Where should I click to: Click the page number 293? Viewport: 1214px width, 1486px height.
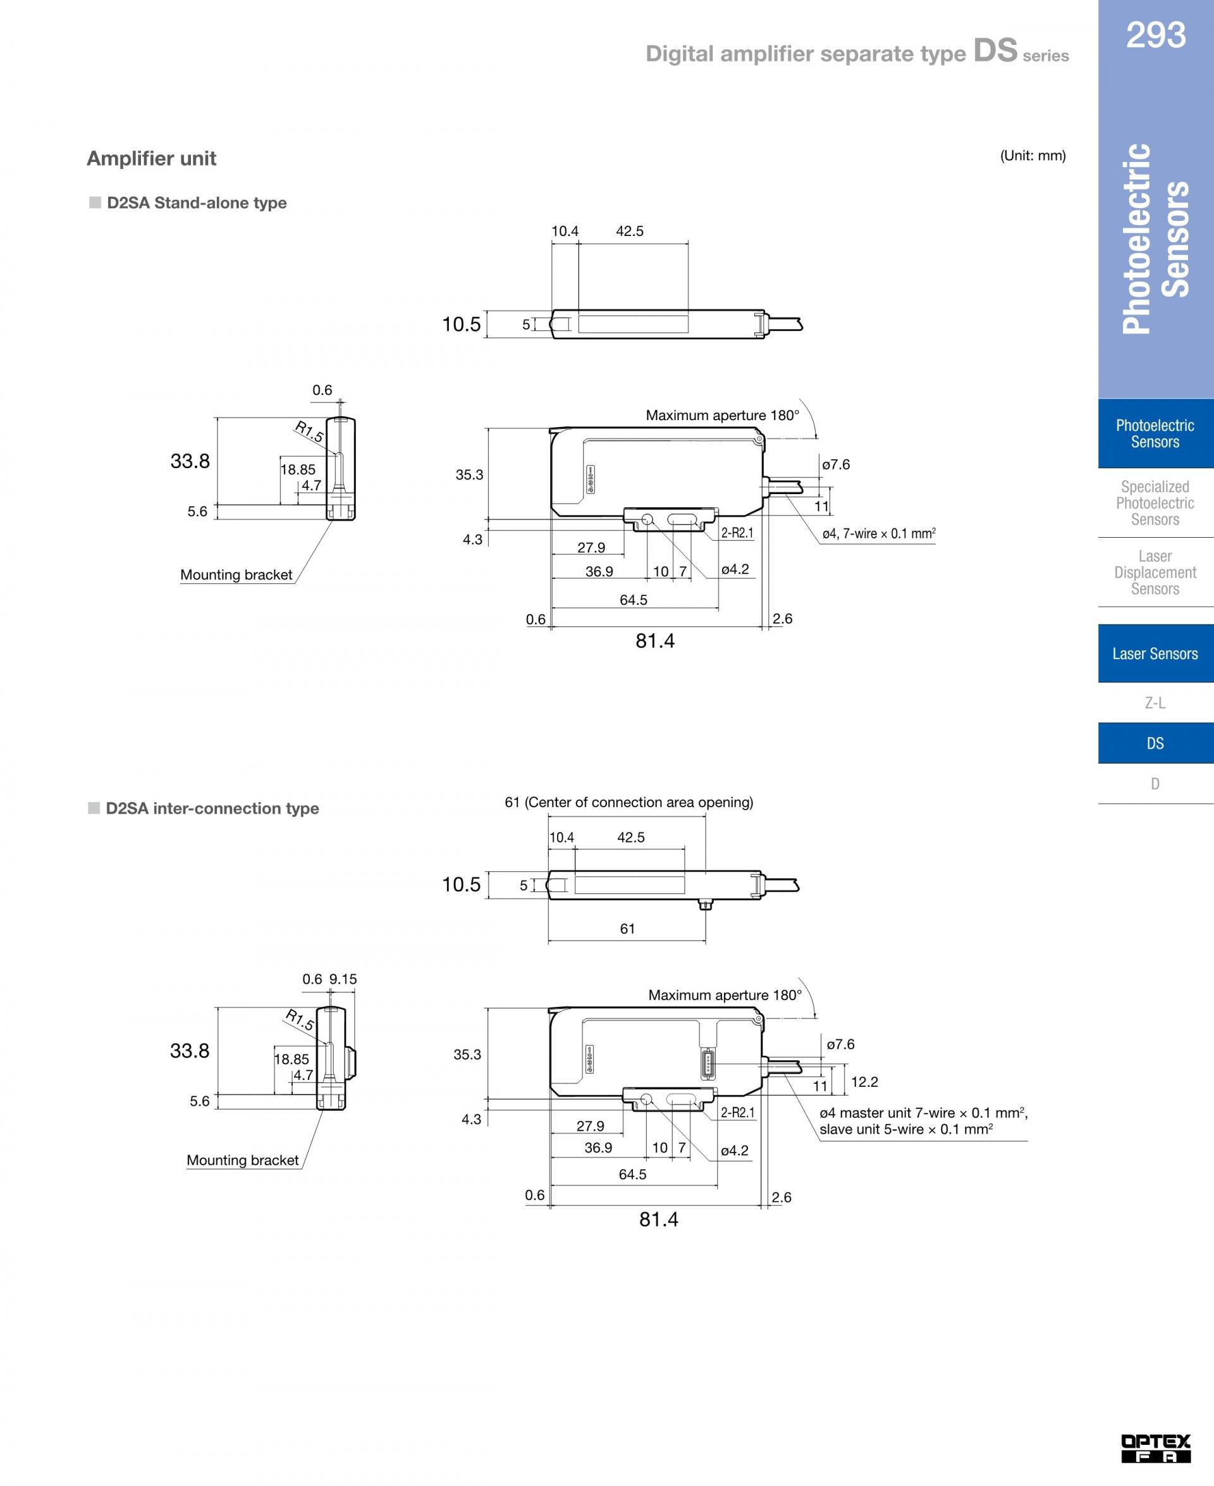(x=1155, y=34)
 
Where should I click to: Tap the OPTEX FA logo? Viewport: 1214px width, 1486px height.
(x=1155, y=1448)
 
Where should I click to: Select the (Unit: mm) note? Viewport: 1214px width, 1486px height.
(x=1033, y=156)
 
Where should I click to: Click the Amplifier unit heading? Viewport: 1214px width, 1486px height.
(x=151, y=158)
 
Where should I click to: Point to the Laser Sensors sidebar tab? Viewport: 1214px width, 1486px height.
(x=1155, y=653)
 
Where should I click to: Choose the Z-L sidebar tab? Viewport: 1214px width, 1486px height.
(x=1155, y=702)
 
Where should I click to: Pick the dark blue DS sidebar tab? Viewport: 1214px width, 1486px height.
(x=1155, y=743)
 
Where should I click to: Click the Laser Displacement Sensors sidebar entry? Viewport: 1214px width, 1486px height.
(x=1155, y=573)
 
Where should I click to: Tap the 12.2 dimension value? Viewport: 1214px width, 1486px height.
(x=864, y=1082)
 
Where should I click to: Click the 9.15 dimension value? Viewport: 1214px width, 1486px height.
(x=343, y=979)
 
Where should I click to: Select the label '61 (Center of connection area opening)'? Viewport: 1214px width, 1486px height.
(x=628, y=803)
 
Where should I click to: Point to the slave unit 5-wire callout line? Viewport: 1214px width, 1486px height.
(x=906, y=1129)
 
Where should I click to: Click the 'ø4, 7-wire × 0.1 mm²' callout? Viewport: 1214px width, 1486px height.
(x=879, y=534)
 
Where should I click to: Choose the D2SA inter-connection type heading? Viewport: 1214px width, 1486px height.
(x=204, y=808)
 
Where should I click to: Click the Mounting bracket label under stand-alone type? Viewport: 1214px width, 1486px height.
(x=236, y=574)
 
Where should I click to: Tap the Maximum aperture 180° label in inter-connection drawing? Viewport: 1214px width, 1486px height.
(x=725, y=995)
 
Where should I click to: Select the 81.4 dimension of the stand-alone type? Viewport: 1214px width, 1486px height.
(x=655, y=641)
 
